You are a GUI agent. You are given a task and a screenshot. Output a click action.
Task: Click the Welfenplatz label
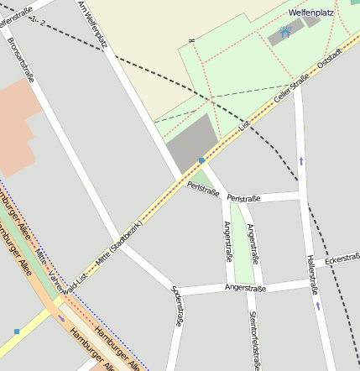coord(312,13)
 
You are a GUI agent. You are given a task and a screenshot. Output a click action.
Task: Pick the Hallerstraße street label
coord(312,274)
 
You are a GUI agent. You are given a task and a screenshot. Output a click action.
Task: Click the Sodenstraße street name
coord(177,305)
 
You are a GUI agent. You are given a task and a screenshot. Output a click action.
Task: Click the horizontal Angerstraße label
coord(245,288)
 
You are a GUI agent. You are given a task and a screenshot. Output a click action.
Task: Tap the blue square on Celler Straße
coord(201,159)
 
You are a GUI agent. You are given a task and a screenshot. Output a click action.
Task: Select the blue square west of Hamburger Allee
coord(16,332)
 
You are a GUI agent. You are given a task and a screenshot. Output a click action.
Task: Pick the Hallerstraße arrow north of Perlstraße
coord(300,159)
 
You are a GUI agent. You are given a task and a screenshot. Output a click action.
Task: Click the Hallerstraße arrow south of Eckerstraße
coord(318,306)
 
